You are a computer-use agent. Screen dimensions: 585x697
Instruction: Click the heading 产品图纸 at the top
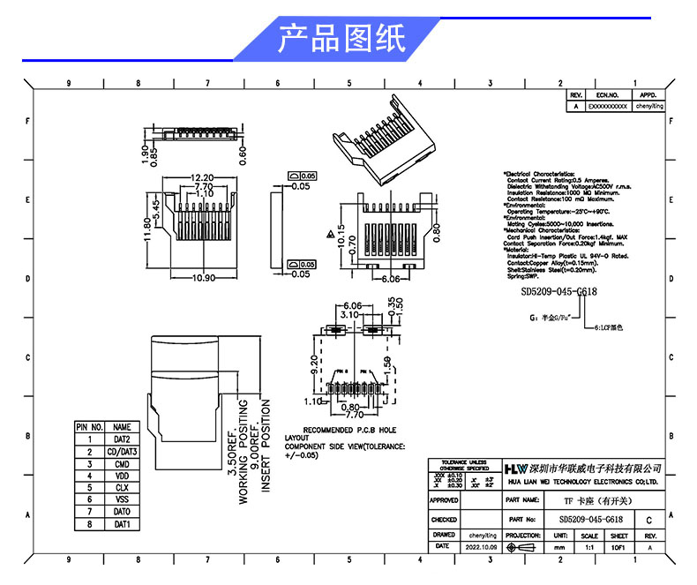341,40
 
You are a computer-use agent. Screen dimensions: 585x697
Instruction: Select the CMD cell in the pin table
122,463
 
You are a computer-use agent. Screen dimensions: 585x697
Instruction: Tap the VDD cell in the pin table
122,475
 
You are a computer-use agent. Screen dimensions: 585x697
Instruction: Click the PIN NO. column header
90,427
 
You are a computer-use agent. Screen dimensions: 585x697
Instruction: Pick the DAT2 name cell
122,439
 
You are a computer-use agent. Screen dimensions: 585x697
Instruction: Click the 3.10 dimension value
349,314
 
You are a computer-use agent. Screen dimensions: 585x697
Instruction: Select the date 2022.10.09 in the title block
482,547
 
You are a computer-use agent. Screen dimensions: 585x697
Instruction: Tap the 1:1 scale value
590,547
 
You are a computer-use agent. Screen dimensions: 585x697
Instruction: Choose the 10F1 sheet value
619,547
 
